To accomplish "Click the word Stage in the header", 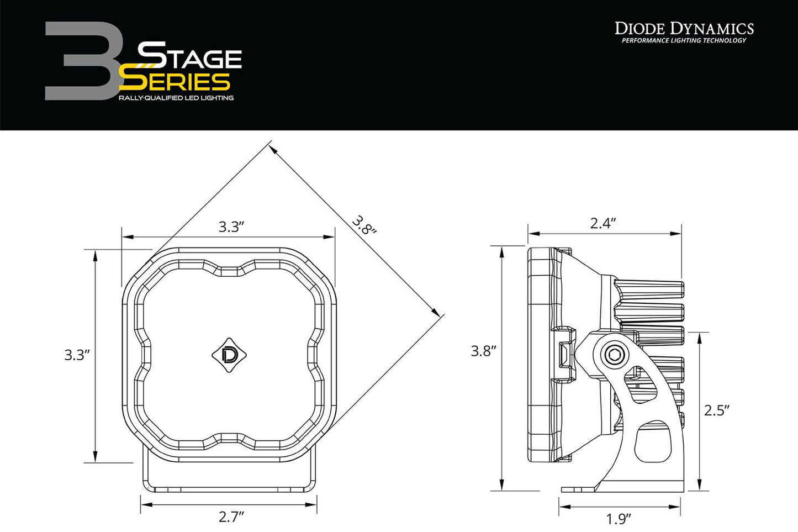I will click(x=189, y=56).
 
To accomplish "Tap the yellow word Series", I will click(x=176, y=82).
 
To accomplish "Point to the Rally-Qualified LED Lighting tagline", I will click(x=176, y=98).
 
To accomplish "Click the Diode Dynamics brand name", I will click(x=684, y=28).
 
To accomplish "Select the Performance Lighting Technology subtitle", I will click(x=684, y=41).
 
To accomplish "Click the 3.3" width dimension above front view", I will click(x=231, y=227).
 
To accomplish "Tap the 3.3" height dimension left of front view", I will click(x=77, y=355).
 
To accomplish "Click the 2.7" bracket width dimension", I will click(x=231, y=517).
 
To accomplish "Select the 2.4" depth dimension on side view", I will click(x=603, y=223).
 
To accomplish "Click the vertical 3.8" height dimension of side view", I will click(x=483, y=351).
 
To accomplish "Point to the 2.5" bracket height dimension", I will click(x=717, y=410).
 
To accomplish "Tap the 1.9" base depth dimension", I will click(x=619, y=519).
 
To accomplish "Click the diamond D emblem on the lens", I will click(x=229, y=355).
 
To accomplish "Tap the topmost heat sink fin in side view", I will click(x=649, y=289).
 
